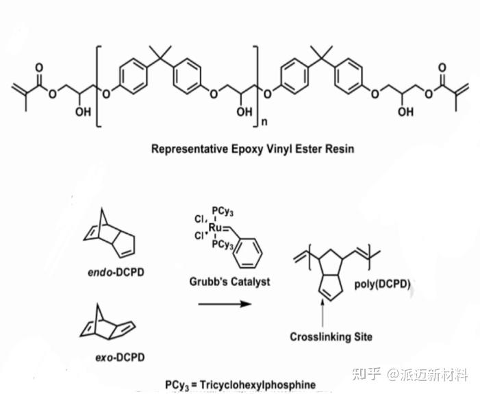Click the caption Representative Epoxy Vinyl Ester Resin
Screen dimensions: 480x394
tap(253, 148)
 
